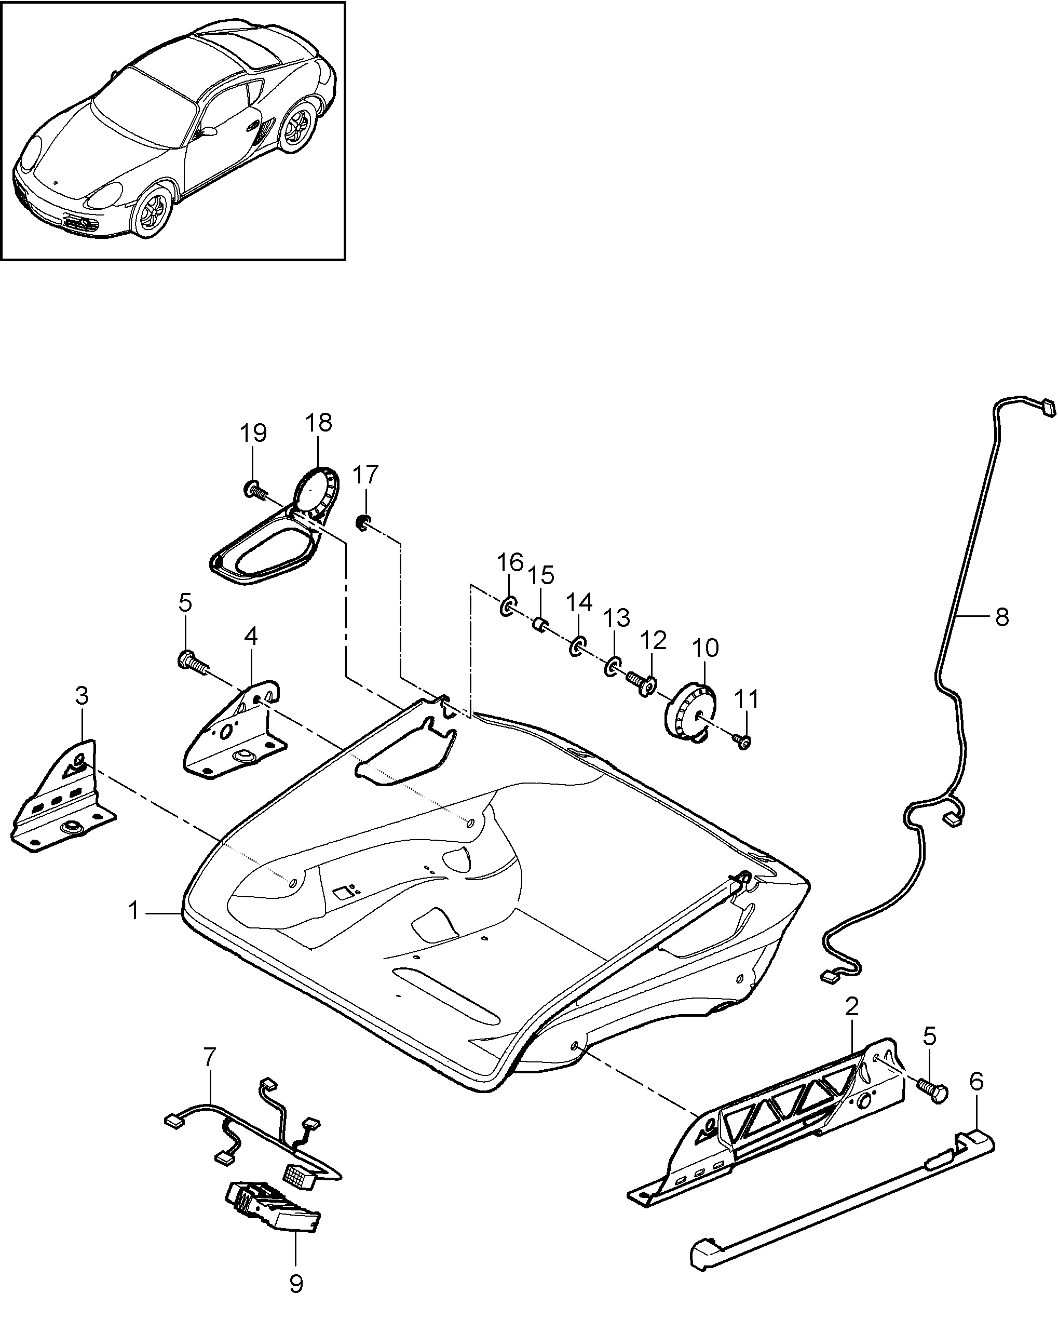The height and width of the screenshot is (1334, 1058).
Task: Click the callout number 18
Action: point(319,423)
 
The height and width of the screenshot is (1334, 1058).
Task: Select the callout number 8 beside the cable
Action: point(1002,617)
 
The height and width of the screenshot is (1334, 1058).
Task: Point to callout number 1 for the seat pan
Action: point(133,911)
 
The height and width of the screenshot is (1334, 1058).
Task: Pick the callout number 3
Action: point(82,696)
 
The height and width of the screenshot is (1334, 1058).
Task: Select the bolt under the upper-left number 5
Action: point(193,664)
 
